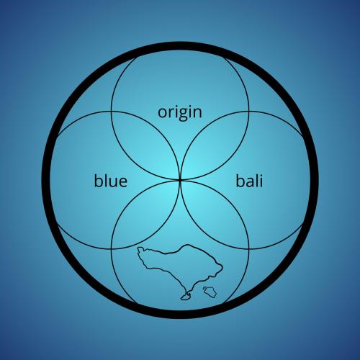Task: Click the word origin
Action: coord(180,113)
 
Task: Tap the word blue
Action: coord(110,181)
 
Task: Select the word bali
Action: coord(249,181)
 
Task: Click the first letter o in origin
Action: coord(162,112)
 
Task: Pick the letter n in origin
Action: coord(197,112)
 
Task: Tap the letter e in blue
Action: coord(122,182)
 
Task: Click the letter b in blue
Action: coord(99,181)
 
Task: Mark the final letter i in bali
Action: coord(261,181)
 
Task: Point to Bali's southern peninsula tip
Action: coord(184,298)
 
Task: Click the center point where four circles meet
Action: coord(180,180)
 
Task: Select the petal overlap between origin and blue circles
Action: coord(145,145)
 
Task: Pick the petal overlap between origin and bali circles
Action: coord(215,145)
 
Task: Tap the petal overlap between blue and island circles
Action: coord(145,215)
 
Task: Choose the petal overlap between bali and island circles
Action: coord(215,215)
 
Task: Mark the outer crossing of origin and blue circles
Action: coord(111,111)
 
